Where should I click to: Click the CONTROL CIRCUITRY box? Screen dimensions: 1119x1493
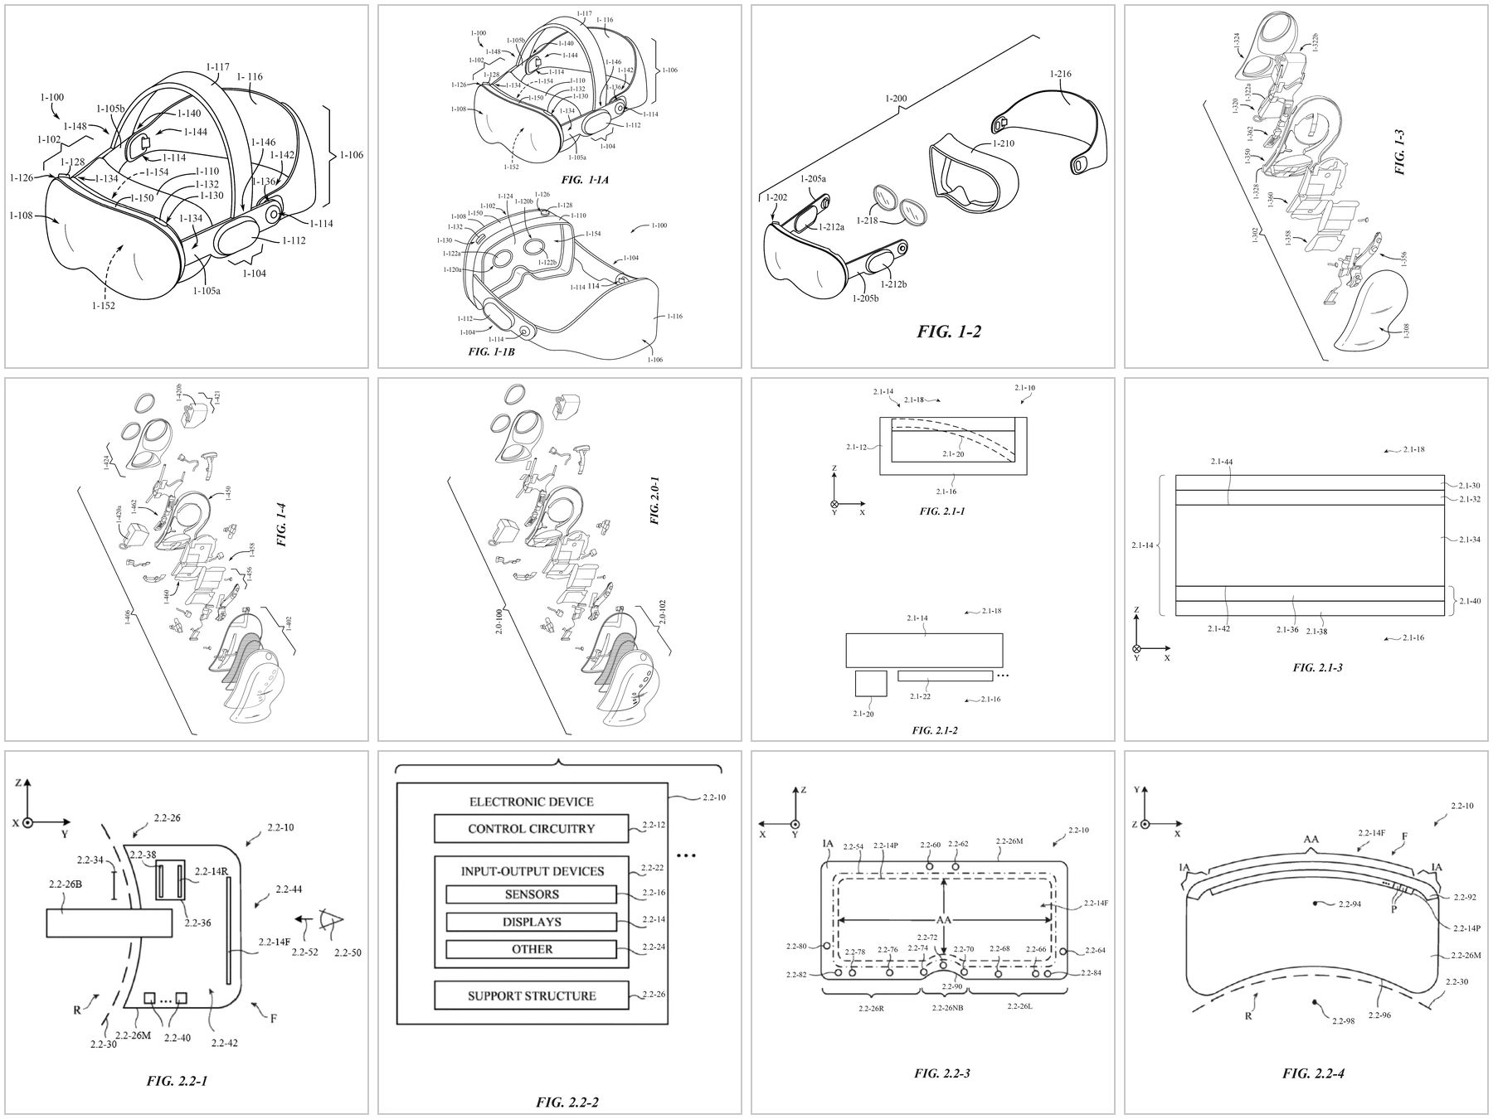click(x=531, y=828)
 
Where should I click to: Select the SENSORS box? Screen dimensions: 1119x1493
click(x=531, y=894)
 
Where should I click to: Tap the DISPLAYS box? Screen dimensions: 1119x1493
click(x=531, y=922)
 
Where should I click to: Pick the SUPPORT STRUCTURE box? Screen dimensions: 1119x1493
click(x=531, y=995)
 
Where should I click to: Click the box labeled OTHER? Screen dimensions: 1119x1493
click(x=531, y=949)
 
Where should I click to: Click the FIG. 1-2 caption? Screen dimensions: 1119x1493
click(x=949, y=332)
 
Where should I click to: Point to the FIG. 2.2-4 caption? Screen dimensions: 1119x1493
click(x=1313, y=1073)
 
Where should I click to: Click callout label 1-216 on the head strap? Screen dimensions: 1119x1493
click(x=1059, y=75)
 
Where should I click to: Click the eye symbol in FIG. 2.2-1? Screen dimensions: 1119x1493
click(x=330, y=919)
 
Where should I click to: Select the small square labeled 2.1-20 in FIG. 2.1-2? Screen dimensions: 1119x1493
click(x=870, y=684)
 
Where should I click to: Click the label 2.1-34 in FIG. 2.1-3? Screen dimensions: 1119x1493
click(x=1470, y=540)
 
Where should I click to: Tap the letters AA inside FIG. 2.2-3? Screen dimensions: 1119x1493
click(x=943, y=921)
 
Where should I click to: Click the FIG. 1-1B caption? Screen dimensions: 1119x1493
click(x=491, y=352)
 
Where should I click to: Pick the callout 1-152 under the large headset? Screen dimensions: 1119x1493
click(x=104, y=305)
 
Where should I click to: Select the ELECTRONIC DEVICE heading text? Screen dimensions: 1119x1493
click(x=531, y=802)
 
